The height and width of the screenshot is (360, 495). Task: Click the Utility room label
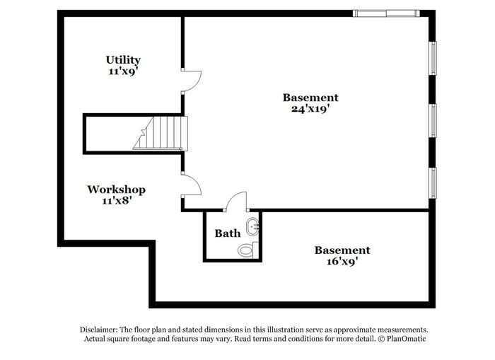123,60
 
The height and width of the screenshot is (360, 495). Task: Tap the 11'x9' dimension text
123,71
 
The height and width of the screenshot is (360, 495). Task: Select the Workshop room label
117,190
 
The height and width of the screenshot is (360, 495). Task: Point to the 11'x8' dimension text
117,200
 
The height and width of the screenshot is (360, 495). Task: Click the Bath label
228,233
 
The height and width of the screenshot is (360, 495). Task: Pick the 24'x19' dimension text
310,109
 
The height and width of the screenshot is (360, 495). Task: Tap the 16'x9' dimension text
342,261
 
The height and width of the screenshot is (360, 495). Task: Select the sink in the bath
253,227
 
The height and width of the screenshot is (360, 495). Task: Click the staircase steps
161,133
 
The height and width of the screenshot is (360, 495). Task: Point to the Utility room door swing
192,81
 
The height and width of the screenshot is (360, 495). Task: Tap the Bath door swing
236,201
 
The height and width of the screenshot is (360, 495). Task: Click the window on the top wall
386,13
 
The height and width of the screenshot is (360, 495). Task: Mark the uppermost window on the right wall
433,58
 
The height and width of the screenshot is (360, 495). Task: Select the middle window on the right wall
433,120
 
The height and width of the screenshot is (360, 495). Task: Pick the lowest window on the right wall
433,183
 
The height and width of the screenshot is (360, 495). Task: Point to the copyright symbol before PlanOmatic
382,339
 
